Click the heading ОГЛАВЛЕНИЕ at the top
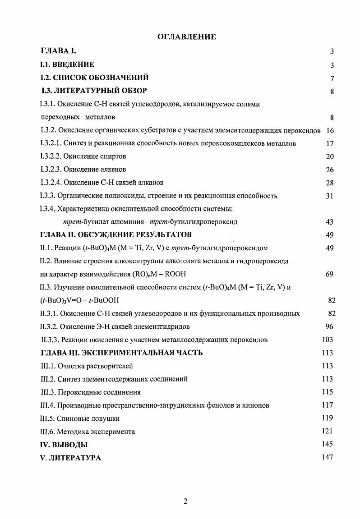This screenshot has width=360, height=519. pyautogui.click(x=186, y=37)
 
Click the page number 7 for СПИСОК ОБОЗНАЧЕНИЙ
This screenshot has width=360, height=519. pyautogui.click(x=332, y=78)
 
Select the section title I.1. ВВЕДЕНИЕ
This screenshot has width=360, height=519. pyautogui.click(x=67, y=64)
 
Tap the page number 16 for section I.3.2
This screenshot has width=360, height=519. pyautogui.click(x=329, y=130)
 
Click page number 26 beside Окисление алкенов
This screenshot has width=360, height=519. pyautogui.click(x=329, y=170)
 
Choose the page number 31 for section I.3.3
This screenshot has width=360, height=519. pyautogui.click(x=329, y=196)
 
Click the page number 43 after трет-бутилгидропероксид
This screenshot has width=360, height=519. pyautogui.click(x=329, y=222)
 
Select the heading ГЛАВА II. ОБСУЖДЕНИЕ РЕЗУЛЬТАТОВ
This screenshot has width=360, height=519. pyautogui.click(x=116, y=234)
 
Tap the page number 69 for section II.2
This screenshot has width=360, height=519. pyautogui.click(x=329, y=274)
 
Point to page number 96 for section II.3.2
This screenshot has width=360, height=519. pyautogui.click(x=329, y=326)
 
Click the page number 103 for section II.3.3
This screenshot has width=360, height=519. pyautogui.click(x=328, y=340)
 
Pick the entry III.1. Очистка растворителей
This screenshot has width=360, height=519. pyautogui.click(x=87, y=366)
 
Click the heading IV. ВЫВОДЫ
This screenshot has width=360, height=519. pyautogui.click(x=64, y=445)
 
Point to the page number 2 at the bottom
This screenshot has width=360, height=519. pyautogui.click(x=185, y=502)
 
